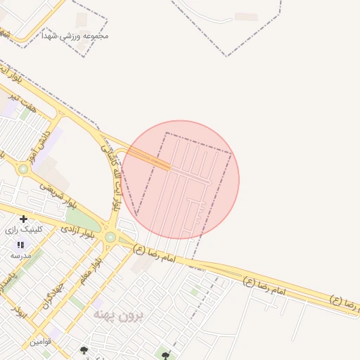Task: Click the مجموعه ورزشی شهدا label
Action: click(x=75, y=35)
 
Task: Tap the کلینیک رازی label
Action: click(x=24, y=230)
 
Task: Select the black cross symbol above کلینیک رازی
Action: click(x=24, y=219)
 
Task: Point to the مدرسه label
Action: click(x=20, y=256)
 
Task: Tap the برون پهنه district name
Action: click(x=118, y=316)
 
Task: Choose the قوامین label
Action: click(x=40, y=342)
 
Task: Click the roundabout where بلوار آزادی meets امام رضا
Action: click(x=110, y=237)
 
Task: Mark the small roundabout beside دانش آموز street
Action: click(x=23, y=169)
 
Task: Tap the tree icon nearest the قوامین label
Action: click(x=84, y=349)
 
